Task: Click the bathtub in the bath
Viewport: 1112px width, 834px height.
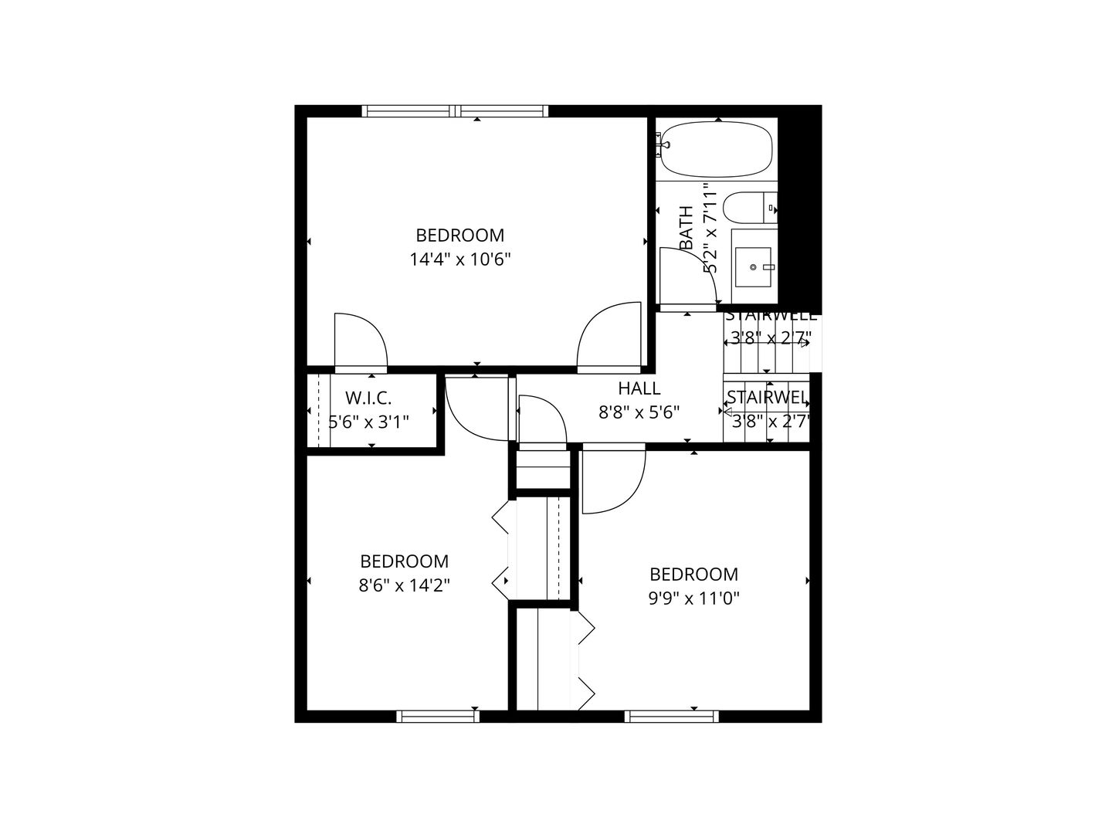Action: coord(717,150)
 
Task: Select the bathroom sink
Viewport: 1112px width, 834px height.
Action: coord(753,266)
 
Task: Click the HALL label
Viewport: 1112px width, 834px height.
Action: coord(639,388)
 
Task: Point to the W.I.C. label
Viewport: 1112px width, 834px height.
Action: coord(368,398)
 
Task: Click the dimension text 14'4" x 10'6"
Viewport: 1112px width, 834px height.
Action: coord(460,259)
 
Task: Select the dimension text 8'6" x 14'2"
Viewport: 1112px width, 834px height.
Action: coord(404,585)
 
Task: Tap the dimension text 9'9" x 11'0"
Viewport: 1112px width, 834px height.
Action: coord(693,598)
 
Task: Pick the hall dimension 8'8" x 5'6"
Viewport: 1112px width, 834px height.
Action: coord(639,412)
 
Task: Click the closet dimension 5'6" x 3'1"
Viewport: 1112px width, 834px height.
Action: coord(368,422)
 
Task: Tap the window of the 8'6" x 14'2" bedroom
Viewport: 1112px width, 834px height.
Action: coord(438,717)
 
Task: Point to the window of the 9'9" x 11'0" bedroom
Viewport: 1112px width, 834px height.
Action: coord(671,717)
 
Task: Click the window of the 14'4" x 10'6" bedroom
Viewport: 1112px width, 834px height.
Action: coord(455,111)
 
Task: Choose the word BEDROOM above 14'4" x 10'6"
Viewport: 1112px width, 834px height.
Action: coord(460,235)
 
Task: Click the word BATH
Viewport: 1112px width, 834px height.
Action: coord(687,228)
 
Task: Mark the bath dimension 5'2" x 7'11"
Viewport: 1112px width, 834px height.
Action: coord(710,228)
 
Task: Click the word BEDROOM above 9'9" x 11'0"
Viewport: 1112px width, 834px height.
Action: coord(693,575)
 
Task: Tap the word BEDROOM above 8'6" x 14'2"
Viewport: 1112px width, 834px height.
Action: coord(404,561)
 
